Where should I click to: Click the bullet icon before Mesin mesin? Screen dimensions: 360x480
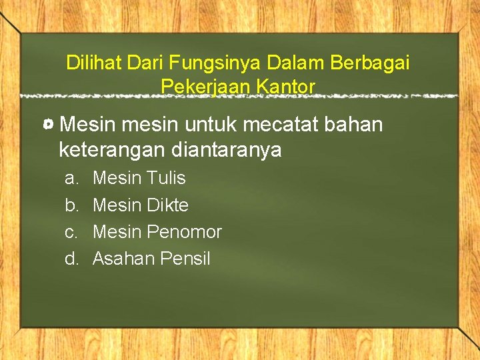[48, 125]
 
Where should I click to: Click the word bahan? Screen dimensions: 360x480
[357, 125]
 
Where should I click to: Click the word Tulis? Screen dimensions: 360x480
[167, 179]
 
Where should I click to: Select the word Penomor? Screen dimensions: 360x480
[184, 232]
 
